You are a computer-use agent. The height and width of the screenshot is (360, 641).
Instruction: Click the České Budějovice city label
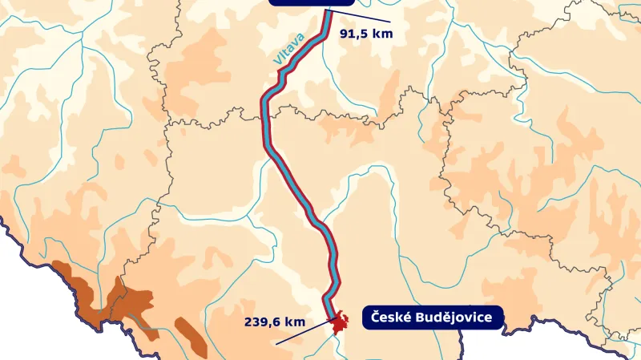433,318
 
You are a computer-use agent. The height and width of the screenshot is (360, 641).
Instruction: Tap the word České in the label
390,318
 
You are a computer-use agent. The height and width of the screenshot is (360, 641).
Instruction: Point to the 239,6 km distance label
275,322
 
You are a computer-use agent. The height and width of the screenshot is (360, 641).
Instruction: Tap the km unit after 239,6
296,322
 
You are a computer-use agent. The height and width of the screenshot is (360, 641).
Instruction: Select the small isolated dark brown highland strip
191,337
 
